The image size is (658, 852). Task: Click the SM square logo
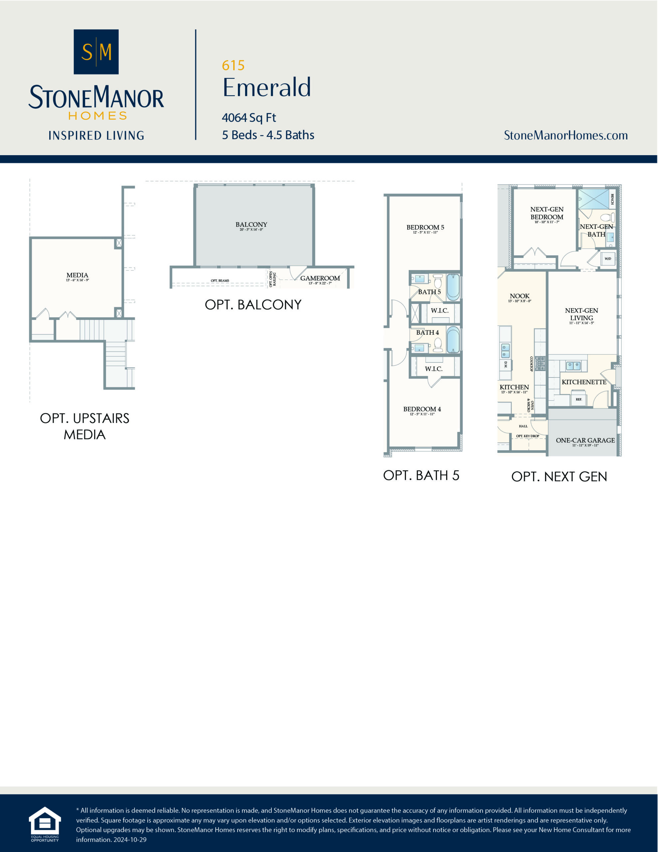[96, 52]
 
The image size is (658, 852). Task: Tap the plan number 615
[233, 66]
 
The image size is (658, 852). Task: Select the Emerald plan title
[267, 88]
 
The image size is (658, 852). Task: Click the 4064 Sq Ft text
[249, 117]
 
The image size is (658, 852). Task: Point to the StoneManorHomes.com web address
[566, 135]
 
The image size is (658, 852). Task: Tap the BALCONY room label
[251, 225]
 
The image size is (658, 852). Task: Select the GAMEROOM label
[320, 278]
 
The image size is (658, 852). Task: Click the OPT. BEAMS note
[220, 281]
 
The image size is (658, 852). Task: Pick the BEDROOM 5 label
[425, 227]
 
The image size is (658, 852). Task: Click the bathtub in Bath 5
[453, 287]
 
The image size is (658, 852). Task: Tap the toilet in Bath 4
[438, 345]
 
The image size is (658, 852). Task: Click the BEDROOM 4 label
[422, 409]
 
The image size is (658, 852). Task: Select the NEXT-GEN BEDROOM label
[547, 213]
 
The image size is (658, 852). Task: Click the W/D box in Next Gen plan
[608, 259]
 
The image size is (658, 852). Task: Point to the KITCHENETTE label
[584, 382]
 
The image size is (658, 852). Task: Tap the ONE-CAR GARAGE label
[585, 440]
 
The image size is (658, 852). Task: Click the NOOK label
[520, 296]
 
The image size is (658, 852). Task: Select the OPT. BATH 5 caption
[421, 476]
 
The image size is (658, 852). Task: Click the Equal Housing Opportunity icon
[45, 825]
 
